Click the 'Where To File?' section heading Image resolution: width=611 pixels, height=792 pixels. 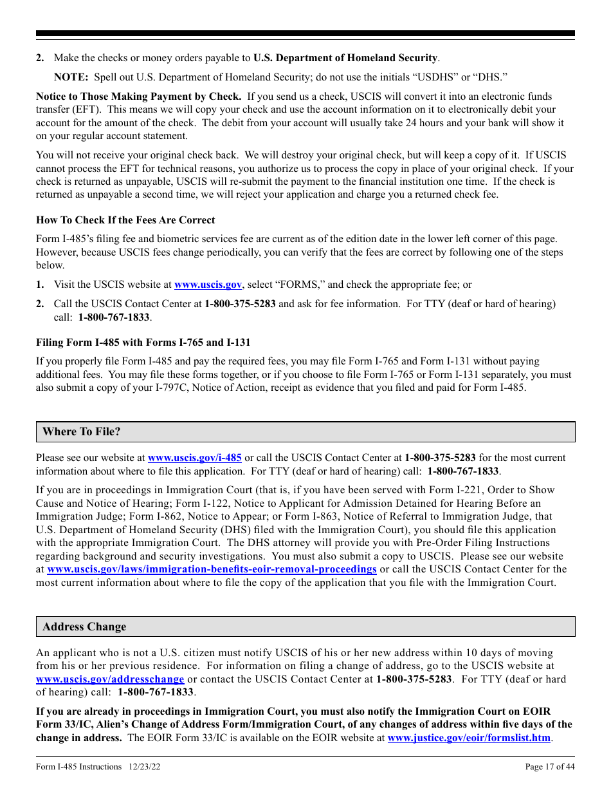81,431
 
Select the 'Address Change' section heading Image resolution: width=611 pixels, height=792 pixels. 84,627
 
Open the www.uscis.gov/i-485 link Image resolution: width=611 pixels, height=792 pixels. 194,458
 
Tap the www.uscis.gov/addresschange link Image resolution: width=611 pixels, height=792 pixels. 110,679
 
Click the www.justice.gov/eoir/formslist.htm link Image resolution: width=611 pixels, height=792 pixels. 469,738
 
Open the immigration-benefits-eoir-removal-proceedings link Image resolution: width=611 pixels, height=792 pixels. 212,569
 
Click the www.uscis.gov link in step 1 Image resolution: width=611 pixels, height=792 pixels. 208,284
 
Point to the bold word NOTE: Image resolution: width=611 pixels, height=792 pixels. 71,77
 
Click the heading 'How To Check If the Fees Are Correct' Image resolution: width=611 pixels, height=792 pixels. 125,220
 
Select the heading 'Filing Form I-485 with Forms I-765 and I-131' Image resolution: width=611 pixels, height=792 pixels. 143,343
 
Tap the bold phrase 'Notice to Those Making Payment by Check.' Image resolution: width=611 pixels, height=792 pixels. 138,97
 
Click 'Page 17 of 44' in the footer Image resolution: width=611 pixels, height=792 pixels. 550,766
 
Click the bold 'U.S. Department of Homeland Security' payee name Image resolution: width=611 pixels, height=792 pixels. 345,58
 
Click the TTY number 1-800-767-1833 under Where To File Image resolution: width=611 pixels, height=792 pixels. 463,471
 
